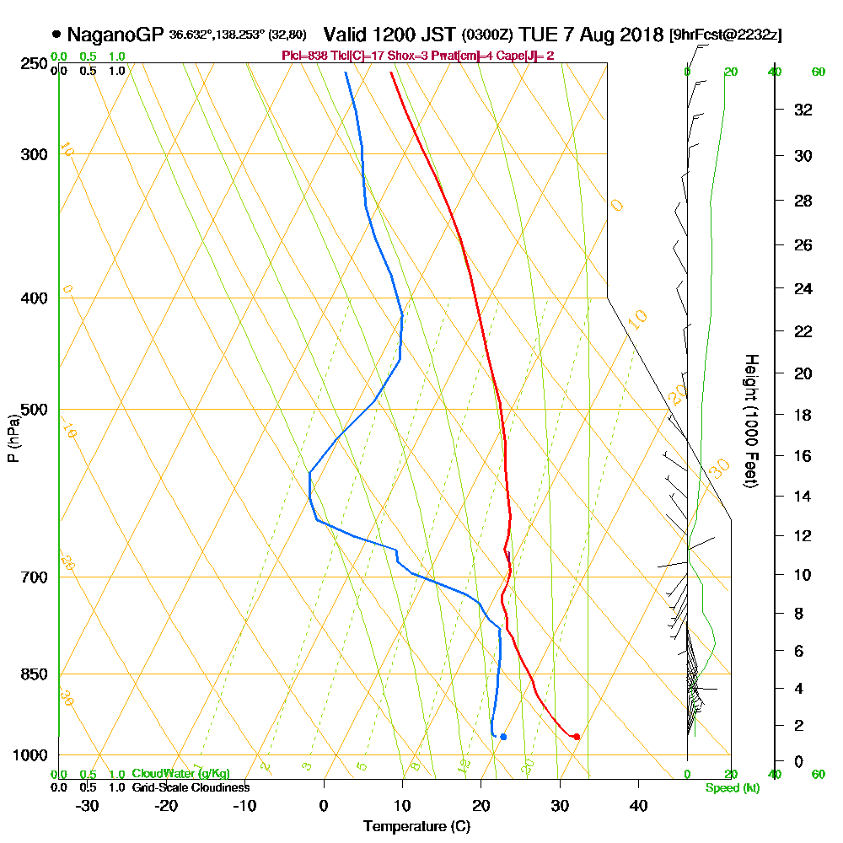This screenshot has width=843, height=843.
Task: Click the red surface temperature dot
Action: (x=577, y=737)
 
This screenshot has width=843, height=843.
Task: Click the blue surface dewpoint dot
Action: (x=503, y=737)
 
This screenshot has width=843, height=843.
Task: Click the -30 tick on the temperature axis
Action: (x=88, y=805)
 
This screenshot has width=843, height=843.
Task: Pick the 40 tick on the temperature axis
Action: (x=638, y=805)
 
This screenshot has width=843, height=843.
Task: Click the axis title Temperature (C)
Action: (x=416, y=826)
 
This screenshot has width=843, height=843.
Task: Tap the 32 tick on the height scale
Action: (x=803, y=110)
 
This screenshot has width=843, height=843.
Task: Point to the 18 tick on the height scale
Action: (x=803, y=415)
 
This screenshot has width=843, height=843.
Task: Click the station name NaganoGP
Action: (x=115, y=35)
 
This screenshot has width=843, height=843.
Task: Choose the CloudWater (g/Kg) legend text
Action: (x=180, y=774)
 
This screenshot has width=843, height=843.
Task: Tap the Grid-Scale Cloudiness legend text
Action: (x=190, y=787)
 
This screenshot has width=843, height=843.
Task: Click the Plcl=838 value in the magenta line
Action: (x=303, y=56)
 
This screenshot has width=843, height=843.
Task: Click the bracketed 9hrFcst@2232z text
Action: (x=725, y=35)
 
